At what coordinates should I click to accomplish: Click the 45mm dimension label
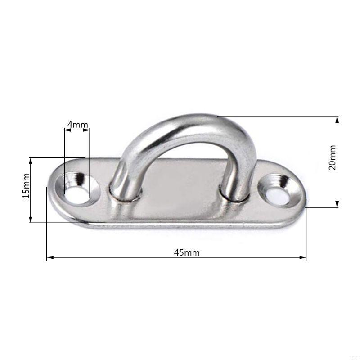[x=187, y=252]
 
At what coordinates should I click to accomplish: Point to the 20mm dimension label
[x=332, y=157]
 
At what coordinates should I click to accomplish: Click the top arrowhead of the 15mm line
[x=31, y=160]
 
